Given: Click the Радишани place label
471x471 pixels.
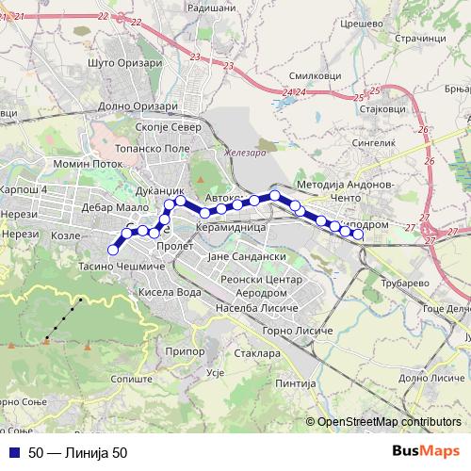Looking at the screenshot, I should pos(212,7).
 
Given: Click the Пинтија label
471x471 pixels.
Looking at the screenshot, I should pos(297,382).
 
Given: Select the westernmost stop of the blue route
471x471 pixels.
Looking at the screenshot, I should pos(113,250).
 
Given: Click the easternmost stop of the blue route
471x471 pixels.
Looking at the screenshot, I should pos(358,235).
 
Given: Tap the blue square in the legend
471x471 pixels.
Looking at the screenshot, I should pos(16,453).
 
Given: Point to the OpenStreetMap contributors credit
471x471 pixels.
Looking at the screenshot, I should pos(388,422).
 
